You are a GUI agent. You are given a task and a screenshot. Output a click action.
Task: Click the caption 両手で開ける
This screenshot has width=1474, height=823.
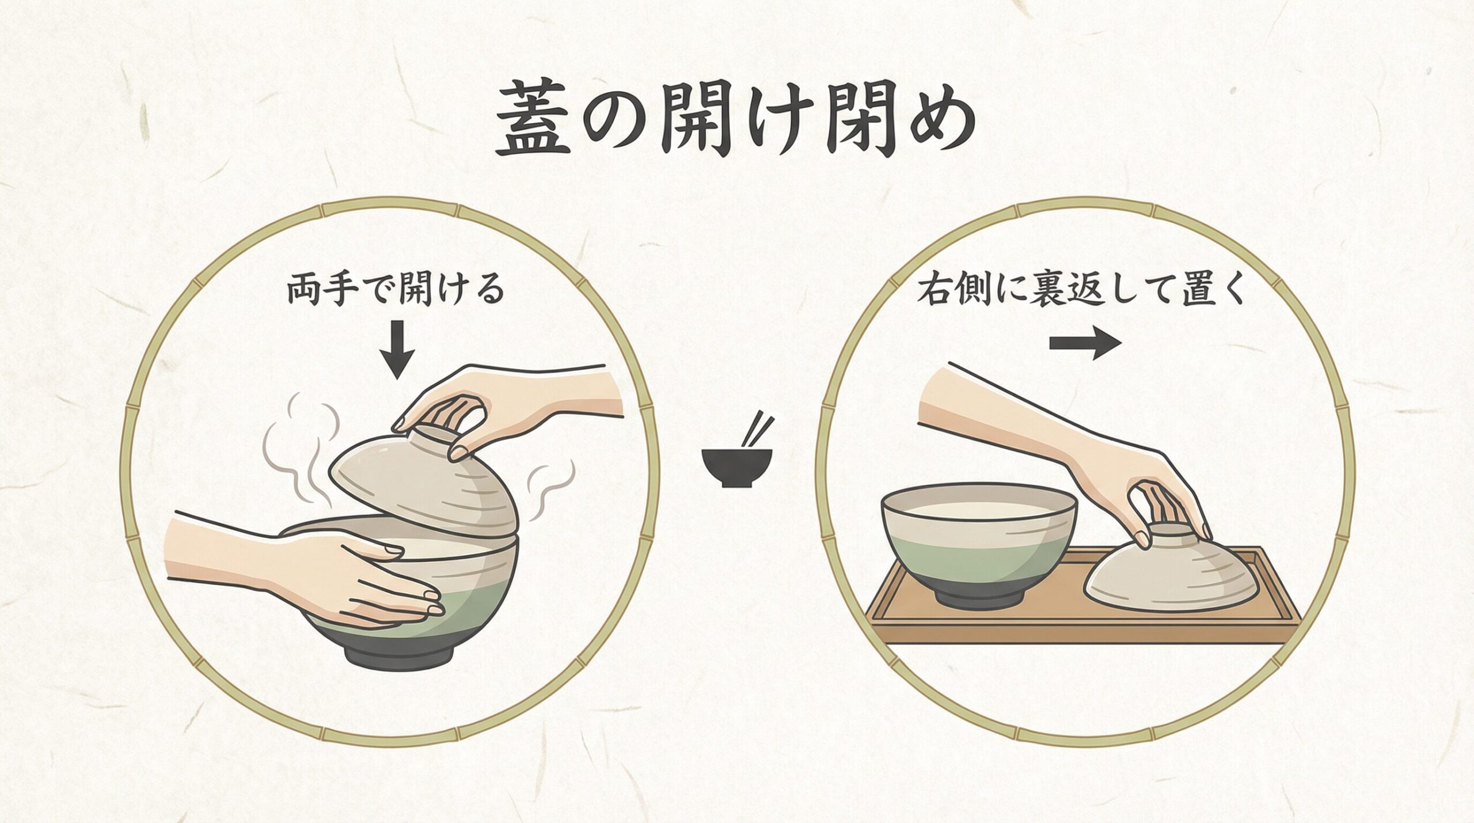pos(396,291)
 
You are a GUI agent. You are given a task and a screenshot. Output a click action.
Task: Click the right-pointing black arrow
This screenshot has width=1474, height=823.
pos(1085,343)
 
